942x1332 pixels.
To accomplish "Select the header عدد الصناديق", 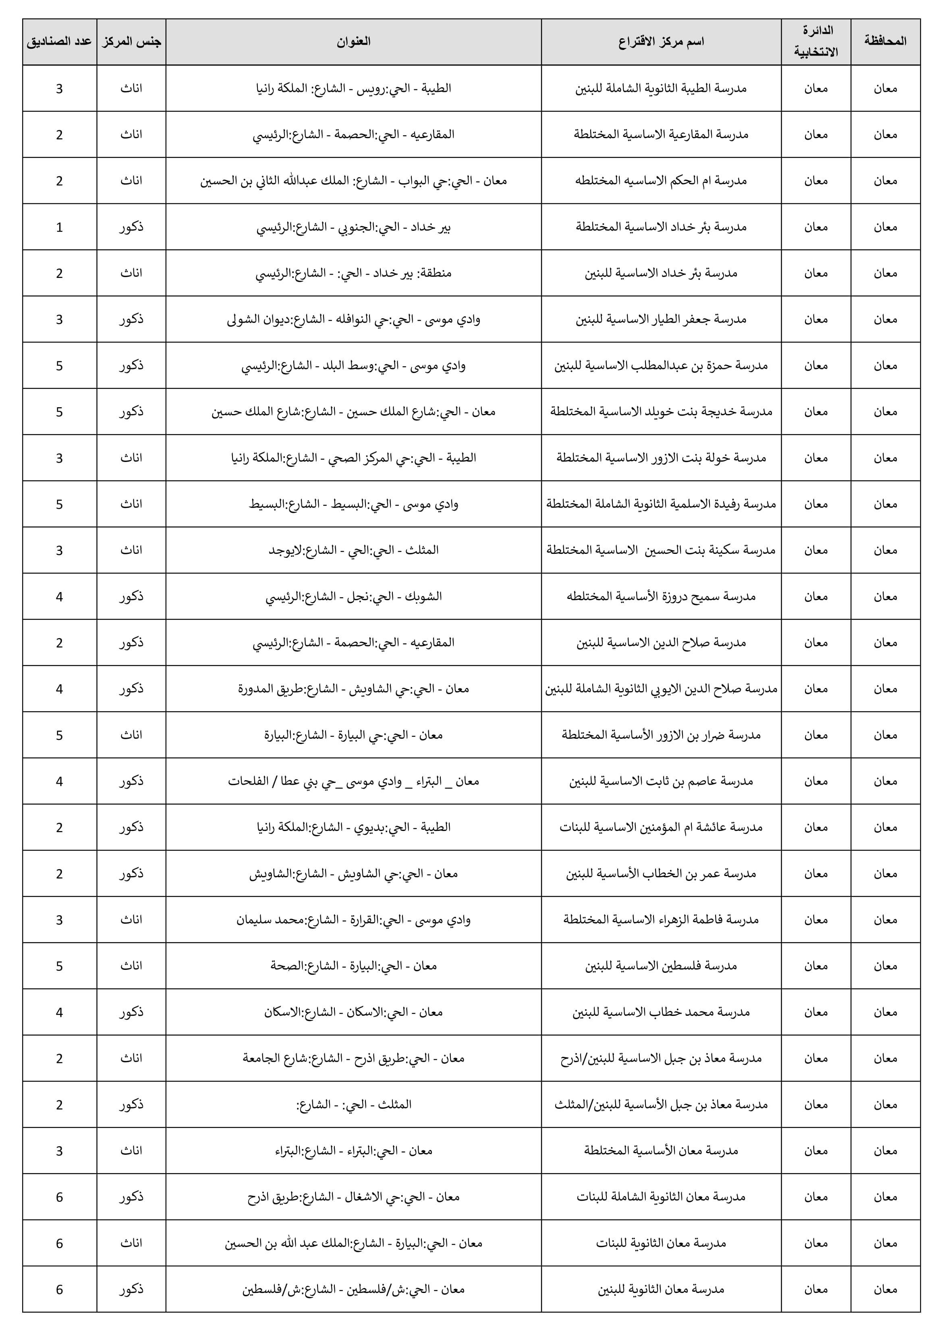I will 59,42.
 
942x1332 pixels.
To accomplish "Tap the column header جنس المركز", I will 131,42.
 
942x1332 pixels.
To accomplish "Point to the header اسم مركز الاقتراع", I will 661,42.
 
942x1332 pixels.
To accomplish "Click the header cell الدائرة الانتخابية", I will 816,42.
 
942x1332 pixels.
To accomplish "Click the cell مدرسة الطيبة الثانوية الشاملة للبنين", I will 661,88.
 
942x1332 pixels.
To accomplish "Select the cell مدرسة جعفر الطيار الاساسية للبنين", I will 661,319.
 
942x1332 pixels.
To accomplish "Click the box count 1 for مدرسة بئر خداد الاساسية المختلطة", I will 59,227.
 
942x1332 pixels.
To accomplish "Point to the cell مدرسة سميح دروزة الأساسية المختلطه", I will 661,597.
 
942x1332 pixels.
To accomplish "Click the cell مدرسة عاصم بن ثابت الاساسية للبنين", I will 661,781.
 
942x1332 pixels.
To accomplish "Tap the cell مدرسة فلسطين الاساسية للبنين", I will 661,966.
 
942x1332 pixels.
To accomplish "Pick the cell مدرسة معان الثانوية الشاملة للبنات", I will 661,1197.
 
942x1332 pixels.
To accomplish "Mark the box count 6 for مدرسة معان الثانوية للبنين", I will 59,1289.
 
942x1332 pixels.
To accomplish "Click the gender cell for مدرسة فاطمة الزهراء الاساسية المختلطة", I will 131,920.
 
